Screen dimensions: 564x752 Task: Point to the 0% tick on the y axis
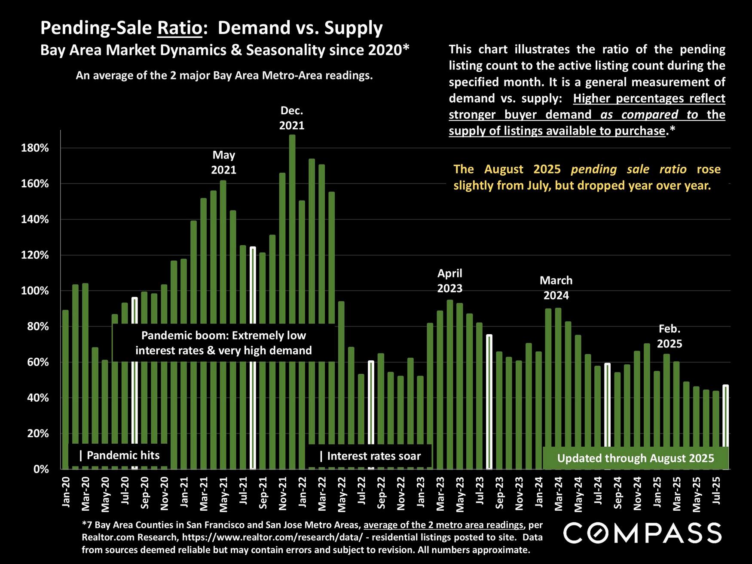[x=41, y=469]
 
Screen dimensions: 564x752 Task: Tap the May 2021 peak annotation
[x=223, y=162]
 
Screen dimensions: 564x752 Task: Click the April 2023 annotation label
[x=449, y=280]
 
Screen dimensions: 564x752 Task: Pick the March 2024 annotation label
[x=556, y=288]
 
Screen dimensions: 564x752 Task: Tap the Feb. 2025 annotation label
[x=669, y=336]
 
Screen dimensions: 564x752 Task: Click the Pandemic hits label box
[x=119, y=455]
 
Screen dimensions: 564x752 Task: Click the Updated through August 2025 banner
[x=635, y=458]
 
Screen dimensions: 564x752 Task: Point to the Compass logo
[x=642, y=533]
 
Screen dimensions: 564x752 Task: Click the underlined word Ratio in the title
[x=180, y=28]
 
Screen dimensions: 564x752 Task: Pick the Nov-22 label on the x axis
[x=401, y=494]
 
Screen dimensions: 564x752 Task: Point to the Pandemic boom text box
[x=223, y=343]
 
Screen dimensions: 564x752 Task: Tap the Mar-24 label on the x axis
[x=559, y=494]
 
